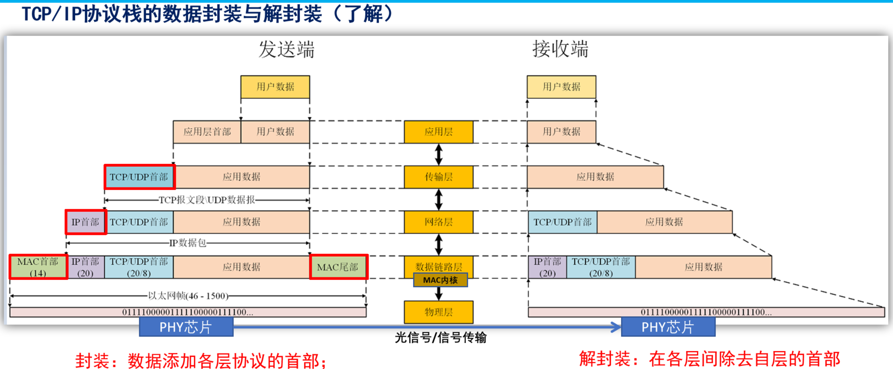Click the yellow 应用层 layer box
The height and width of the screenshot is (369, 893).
[438, 132]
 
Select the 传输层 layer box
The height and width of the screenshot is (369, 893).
[438, 177]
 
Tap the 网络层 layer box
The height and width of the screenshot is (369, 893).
[438, 222]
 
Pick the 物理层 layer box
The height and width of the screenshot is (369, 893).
[438, 312]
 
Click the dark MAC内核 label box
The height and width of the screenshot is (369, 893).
[440, 280]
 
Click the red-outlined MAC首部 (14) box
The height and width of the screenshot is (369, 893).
[38, 267]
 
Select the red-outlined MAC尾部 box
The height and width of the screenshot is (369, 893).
[338, 267]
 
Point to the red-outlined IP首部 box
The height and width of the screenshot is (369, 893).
[86, 222]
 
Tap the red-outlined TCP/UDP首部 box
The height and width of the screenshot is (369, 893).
[139, 177]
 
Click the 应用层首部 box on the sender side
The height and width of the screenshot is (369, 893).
[207, 132]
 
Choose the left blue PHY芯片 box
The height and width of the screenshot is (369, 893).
[186, 327]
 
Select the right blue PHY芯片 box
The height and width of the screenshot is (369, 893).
[668, 327]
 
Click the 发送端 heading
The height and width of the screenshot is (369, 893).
[286, 50]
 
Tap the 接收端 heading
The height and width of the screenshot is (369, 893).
[560, 50]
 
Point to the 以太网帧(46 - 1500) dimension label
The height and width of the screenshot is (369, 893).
[188, 296]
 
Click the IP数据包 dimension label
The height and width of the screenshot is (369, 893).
[187, 243]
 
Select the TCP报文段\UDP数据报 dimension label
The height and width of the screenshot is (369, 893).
[207, 200]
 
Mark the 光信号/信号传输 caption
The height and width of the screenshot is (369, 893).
[440, 338]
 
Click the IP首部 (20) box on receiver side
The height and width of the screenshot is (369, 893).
[547, 267]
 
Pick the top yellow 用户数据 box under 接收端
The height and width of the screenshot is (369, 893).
[561, 87]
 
